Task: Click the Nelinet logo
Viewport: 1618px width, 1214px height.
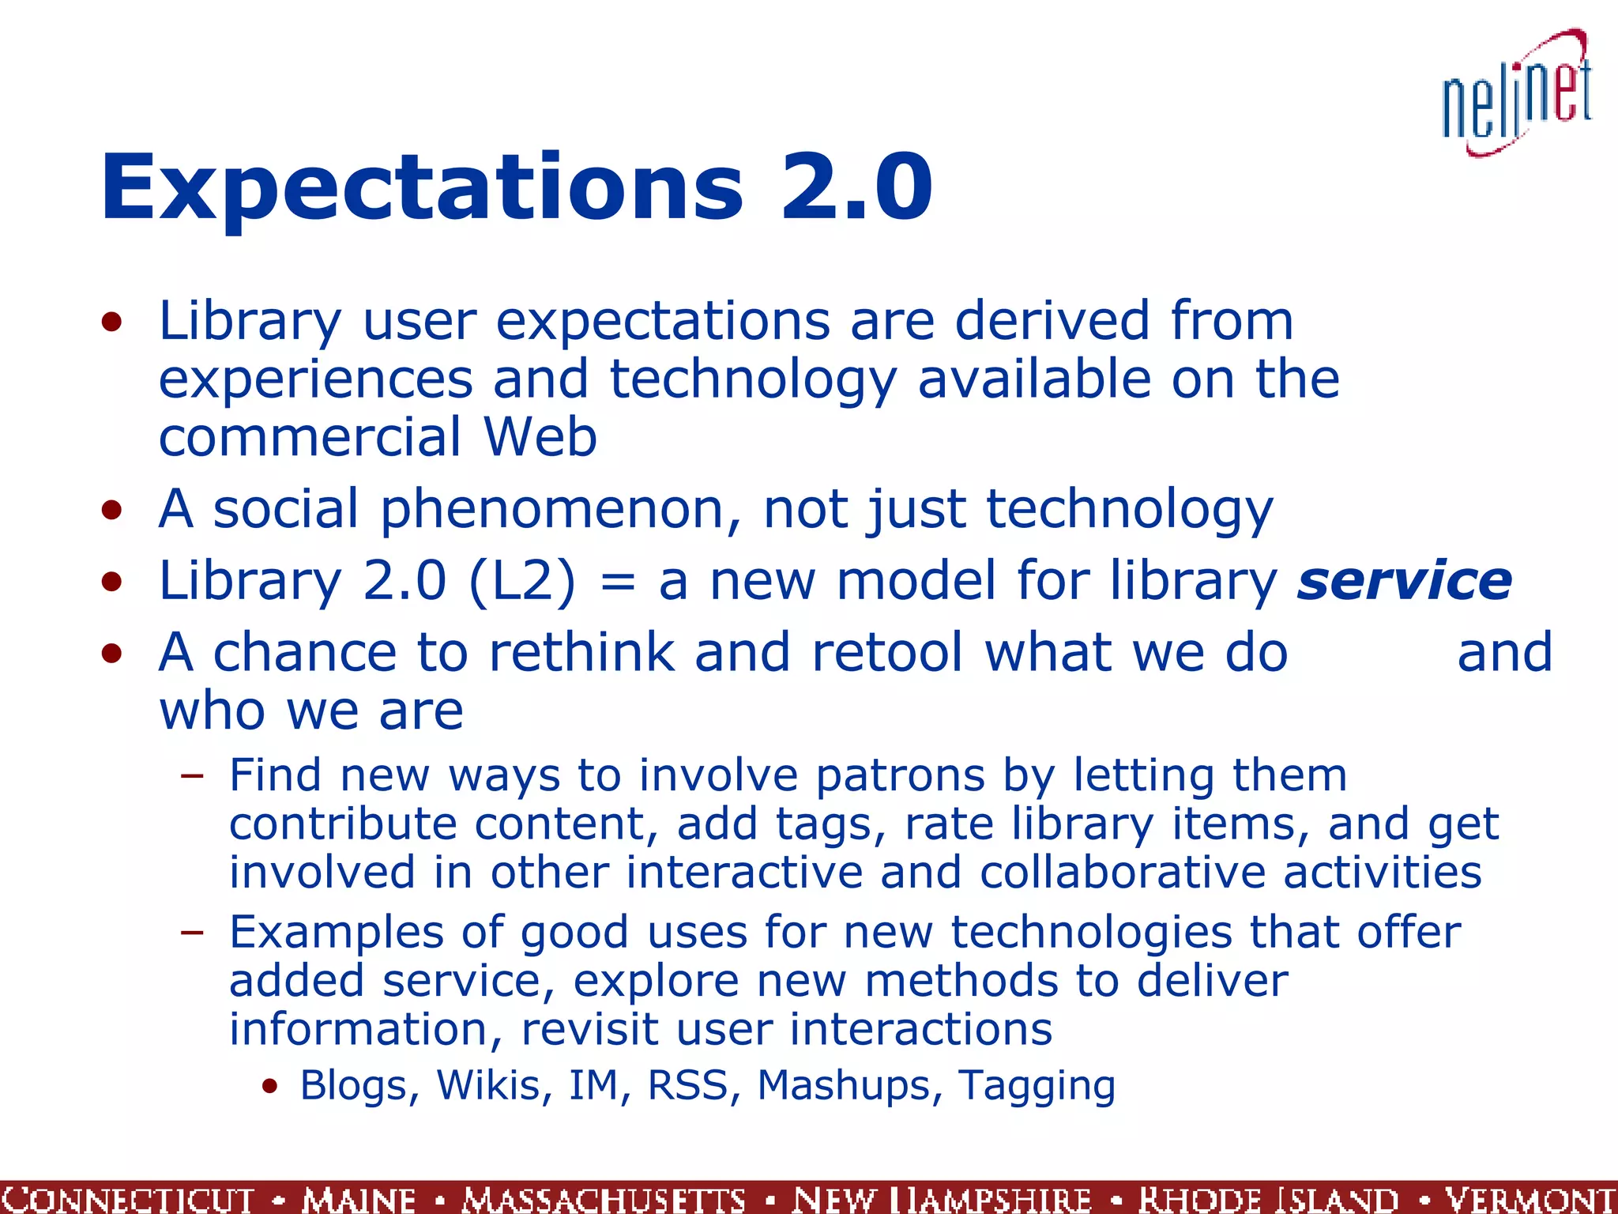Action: [1517, 95]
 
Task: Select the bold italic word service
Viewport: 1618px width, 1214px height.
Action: [1404, 581]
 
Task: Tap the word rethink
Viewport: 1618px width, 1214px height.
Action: [581, 653]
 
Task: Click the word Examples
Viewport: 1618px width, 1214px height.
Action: [337, 933]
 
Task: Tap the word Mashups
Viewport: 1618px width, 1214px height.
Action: [844, 1086]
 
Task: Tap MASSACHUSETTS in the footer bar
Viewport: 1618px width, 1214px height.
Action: [604, 1199]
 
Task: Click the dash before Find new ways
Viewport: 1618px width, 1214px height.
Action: [192, 777]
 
